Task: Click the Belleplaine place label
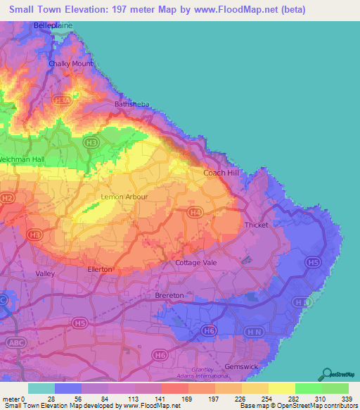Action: pyautogui.click(x=52, y=25)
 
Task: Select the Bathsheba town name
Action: pyautogui.click(x=132, y=104)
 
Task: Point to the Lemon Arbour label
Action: pyautogui.click(x=124, y=197)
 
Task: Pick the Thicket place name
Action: pyautogui.click(x=257, y=225)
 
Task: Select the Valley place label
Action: pyautogui.click(x=45, y=273)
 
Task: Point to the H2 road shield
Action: pyautogui.click(x=7, y=199)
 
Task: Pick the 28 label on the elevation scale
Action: pyautogui.click(x=51, y=399)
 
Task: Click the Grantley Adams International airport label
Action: pyautogui.click(x=211, y=373)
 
